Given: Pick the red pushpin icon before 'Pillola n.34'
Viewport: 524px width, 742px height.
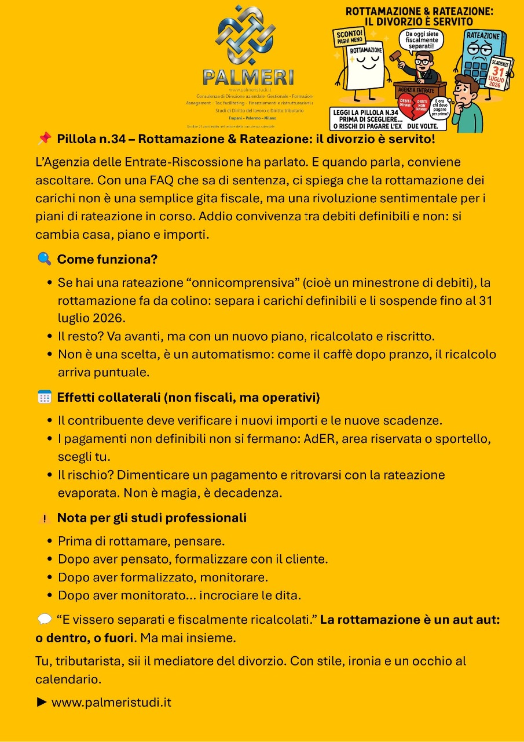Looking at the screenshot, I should pyautogui.click(x=44, y=139).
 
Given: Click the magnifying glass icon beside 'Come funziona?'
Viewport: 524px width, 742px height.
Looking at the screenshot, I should pyautogui.click(x=44, y=259).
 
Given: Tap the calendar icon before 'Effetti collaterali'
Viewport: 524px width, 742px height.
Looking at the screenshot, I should pyautogui.click(x=44, y=397).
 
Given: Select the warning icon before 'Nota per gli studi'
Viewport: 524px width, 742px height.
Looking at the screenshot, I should pyautogui.click(x=44, y=518).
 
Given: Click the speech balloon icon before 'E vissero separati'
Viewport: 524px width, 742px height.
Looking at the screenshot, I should pyautogui.click(x=44, y=619).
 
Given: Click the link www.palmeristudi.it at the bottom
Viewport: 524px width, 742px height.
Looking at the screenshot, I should pyautogui.click(x=111, y=703).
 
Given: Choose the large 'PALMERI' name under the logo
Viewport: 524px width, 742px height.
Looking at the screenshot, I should pyautogui.click(x=248, y=77).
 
